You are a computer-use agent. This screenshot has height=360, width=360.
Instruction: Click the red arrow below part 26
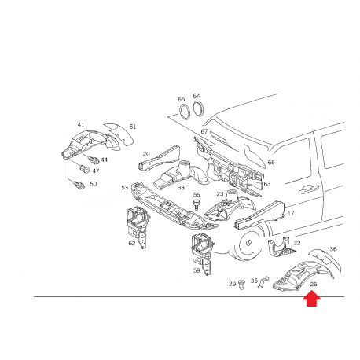[312, 298]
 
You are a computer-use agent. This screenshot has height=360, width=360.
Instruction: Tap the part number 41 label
[80, 125]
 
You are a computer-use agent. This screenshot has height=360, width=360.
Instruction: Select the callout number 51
[133, 127]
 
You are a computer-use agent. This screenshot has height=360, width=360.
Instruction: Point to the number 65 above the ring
[182, 100]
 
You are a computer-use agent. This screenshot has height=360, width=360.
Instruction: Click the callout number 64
[197, 96]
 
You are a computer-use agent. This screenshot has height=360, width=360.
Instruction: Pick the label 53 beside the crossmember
[124, 187]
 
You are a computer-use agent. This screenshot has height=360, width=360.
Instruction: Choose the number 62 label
[132, 244]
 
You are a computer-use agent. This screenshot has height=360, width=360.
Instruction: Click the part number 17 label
[290, 213]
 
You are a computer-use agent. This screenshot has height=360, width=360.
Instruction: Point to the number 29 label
[232, 284]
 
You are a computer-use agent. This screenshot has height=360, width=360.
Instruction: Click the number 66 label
[270, 163]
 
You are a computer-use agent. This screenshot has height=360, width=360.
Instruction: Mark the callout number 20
[146, 154]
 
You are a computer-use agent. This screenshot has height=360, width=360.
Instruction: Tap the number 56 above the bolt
[197, 195]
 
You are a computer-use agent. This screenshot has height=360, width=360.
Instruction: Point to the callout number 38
[180, 188]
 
